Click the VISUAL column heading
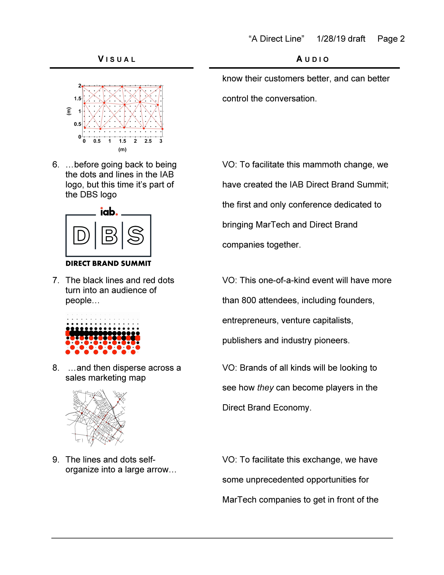(117, 59)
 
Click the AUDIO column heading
(313, 59)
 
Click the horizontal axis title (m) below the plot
(122, 150)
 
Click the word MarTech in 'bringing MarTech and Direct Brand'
(273, 225)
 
